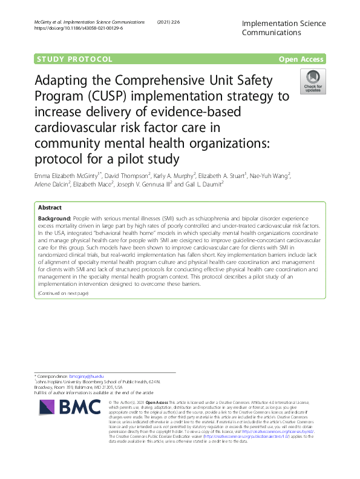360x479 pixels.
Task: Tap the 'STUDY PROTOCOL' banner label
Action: tap(75, 59)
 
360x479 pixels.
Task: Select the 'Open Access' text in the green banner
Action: tap(302, 59)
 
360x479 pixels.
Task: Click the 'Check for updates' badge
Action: tap(313, 82)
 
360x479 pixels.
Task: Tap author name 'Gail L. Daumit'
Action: tap(200, 185)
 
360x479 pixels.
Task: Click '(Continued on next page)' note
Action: tap(63, 293)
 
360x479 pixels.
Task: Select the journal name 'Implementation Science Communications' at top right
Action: tap(283, 28)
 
